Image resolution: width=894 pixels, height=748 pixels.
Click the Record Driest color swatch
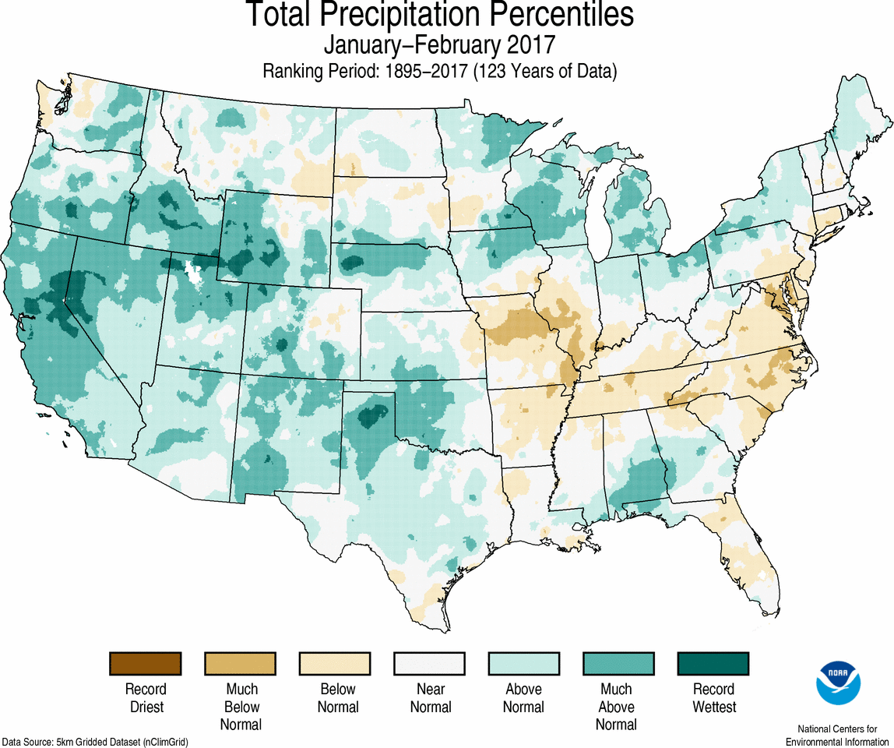(x=146, y=664)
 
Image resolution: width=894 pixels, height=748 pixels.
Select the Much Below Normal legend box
(x=241, y=664)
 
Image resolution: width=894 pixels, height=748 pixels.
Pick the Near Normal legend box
(x=430, y=664)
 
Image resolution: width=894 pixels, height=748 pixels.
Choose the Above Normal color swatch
(x=524, y=664)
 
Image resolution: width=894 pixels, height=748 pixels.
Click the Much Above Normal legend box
(x=618, y=664)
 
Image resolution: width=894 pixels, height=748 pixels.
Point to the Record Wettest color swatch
(x=713, y=664)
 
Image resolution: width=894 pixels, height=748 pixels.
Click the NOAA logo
(x=838, y=683)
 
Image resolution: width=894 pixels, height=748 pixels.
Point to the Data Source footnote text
(x=94, y=742)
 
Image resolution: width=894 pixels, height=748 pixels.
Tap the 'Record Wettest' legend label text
(x=713, y=698)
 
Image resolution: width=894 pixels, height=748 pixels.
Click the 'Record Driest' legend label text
(x=146, y=698)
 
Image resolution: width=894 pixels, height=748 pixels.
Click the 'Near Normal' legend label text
(x=430, y=698)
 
